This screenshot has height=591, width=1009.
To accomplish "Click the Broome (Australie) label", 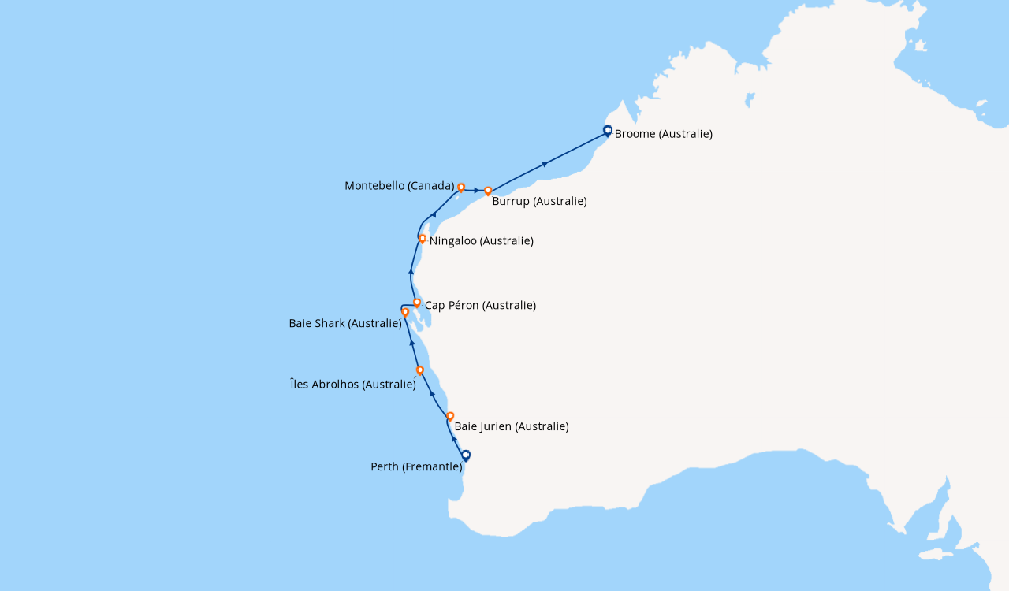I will pyautogui.click(x=663, y=134).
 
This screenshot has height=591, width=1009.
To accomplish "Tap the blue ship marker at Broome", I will pyautogui.click(x=608, y=131).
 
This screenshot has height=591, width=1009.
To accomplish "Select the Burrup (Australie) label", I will pyautogui.click(x=539, y=201).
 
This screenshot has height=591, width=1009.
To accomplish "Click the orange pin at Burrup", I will pyautogui.click(x=488, y=191).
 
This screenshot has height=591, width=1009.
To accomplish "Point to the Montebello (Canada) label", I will pyautogui.click(x=400, y=186).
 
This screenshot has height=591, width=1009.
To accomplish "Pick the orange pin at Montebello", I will pyautogui.click(x=461, y=188).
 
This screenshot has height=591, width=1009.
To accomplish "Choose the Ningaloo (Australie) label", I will pyautogui.click(x=481, y=240).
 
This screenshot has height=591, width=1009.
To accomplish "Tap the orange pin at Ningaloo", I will pyautogui.click(x=423, y=238).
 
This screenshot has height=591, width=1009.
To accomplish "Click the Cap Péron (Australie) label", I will pyautogui.click(x=480, y=305).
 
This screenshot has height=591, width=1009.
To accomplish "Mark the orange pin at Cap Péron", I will pyautogui.click(x=417, y=303).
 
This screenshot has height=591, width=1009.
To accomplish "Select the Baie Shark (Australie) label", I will pyautogui.click(x=345, y=323).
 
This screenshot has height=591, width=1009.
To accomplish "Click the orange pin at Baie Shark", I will pyautogui.click(x=405, y=312).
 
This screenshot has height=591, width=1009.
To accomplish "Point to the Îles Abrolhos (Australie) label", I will pyautogui.click(x=353, y=385).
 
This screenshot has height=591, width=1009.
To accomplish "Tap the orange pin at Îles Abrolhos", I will pyautogui.click(x=420, y=370).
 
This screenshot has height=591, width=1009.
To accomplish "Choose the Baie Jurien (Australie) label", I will pyautogui.click(x=512, y=426).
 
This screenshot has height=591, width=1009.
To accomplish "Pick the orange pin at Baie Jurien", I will pyautogui.click(x=450, y=415).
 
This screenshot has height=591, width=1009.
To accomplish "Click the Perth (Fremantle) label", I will pyautogui.click(x=416, y=466).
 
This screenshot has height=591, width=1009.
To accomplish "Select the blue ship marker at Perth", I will pyautogui.click(x=466, y=455).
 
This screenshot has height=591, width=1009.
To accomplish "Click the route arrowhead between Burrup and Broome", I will pyautogui.click(x=545, y=164).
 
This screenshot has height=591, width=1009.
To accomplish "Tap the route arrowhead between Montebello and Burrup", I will pyautogui.click(x=476, y=190).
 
